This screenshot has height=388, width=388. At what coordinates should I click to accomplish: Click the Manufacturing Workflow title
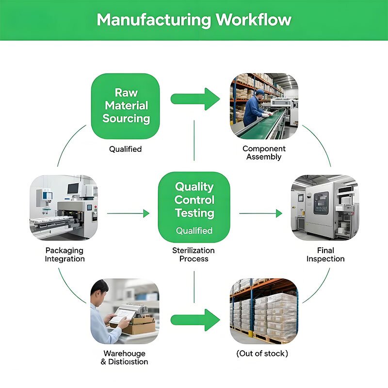point(194,20)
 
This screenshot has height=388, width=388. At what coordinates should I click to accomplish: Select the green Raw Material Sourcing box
point(126,106)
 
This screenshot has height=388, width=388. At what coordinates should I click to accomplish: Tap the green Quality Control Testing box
point(194,206)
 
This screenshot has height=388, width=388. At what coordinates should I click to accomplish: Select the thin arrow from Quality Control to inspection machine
point(260,213)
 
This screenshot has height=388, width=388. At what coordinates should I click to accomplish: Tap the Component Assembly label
point(264,153)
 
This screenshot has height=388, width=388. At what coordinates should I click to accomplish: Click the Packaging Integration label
point(65,255)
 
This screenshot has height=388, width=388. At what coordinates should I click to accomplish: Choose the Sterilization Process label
point(194,255)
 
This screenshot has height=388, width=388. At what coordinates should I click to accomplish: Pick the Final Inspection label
point(325,255)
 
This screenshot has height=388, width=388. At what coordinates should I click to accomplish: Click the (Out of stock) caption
point(262,354)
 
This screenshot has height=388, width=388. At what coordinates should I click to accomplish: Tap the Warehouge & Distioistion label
point(125,357)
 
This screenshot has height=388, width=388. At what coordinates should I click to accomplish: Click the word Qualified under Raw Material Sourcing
point(125,149)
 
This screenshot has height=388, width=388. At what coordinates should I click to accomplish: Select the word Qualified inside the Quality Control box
point(194,231)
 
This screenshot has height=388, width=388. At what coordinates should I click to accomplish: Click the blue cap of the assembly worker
point(260,92)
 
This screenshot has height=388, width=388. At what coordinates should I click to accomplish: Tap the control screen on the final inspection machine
point(321,202)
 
